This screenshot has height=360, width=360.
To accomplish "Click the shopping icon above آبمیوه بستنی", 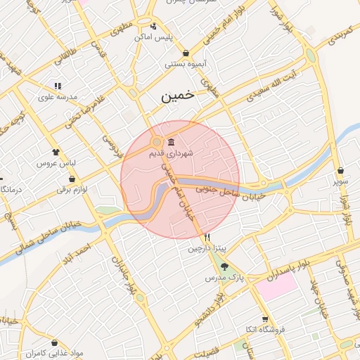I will coord(185,53).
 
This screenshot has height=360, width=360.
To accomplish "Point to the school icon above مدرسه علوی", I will coord(57,86).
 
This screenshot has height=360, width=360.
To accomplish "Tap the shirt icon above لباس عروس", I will coord(56,151).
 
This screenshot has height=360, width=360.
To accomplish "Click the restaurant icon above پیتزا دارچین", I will coord(207,238).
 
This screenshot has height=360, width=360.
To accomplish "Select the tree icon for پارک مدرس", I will coord(224,266).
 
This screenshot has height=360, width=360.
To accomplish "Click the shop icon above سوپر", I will coord(340,170).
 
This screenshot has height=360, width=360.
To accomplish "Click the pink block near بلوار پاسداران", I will coord(276,285).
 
